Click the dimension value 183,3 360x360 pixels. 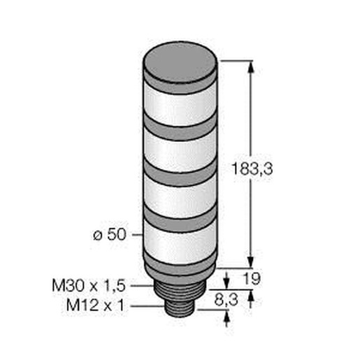tap(252, 168)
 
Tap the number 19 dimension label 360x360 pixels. tap(251, 278)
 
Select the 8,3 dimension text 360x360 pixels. tap(226, 300)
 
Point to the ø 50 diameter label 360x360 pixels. tap(110, 234)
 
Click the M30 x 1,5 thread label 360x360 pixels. tap(89, 286)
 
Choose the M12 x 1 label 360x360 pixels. tap(96, 305)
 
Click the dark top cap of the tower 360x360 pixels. tap(180, 62)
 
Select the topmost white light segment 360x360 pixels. tap(180, 103)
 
